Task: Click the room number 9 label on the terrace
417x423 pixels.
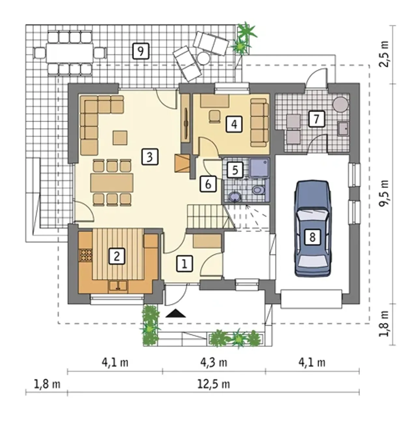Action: tap(141, 51)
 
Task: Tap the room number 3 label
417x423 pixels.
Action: tap(150, 157)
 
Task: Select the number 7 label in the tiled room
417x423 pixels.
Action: tap(317, 119)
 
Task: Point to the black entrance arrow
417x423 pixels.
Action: tap(176, 313)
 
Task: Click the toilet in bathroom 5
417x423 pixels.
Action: tap(258, 190)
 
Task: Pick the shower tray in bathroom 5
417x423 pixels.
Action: tap(259, 167)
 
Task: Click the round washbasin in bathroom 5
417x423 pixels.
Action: tap(235, 197)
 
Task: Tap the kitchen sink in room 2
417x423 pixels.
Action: tap(118, 286)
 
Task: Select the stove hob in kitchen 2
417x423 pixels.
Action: tap(85, 255)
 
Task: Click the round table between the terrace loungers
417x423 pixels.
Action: tap(203, 58)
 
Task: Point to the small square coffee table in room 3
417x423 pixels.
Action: tap(120, 138)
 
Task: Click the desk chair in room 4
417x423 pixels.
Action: tap(215, 116)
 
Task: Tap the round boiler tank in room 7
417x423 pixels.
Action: tap(340, 104)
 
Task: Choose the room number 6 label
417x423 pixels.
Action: tap(208, 184)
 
